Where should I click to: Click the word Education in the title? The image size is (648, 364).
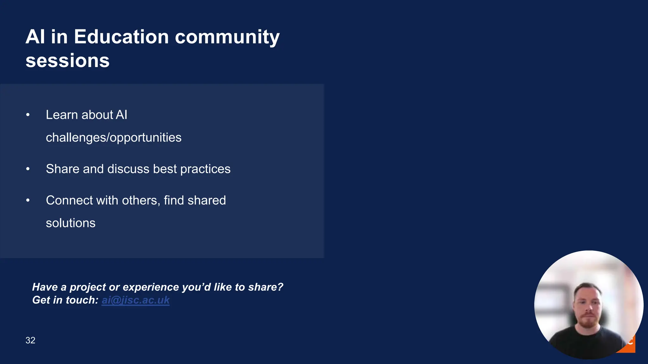[x=121, y=37]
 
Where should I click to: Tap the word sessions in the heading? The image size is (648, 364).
[x=67, y=61]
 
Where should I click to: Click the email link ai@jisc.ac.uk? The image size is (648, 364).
[x=135, y=300]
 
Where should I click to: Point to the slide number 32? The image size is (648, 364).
[x=30, y=340]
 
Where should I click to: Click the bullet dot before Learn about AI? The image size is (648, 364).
[x=28, y=115]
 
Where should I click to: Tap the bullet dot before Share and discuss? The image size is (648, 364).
[x=28, y=169]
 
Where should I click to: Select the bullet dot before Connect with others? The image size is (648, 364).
[x=28, y=200]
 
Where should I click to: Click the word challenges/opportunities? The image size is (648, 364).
[x=114, y=138]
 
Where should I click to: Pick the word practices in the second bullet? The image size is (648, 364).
[x=205, y=169]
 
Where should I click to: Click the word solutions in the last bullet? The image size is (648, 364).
[x=71, y=223]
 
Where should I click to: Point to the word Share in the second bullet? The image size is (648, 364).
[x=63, y=169]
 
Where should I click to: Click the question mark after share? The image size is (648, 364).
[x=280, y=287]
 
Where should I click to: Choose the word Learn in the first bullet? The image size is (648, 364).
[x=62, y=115]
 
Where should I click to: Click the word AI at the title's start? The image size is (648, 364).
[x=35, y=37]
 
